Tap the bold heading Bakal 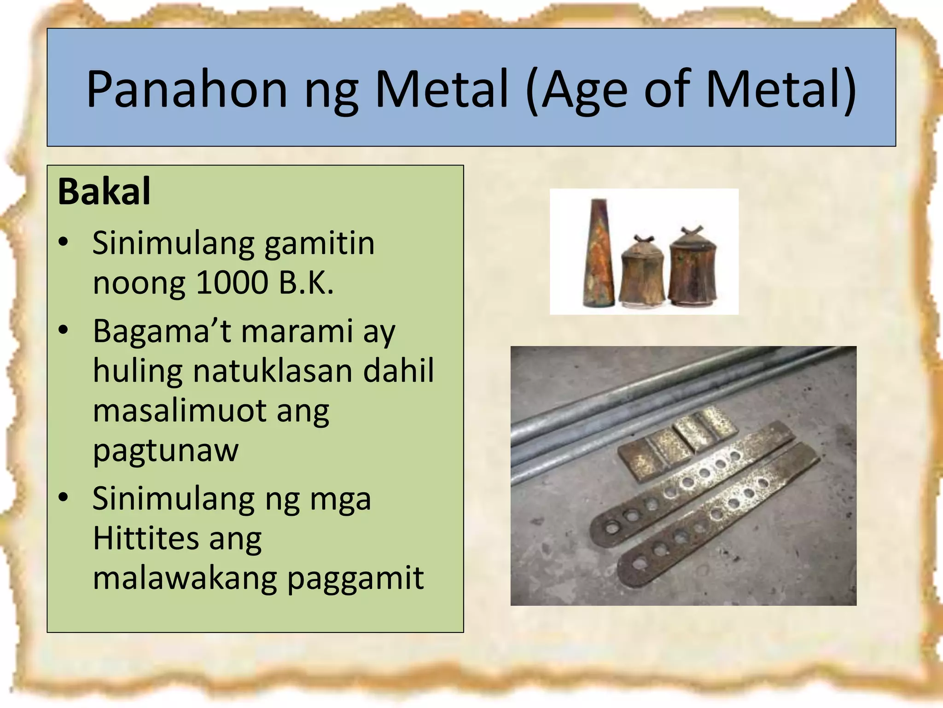pyautogui.click(x=104, y=191)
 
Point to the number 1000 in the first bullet pyautogui.click(x=232, y=282)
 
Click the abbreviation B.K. pyautogui.click(x=306, y=282)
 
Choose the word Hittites pyautogui.click(x=145, y=538)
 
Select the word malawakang pyautogui.click(x=185, y=578)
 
